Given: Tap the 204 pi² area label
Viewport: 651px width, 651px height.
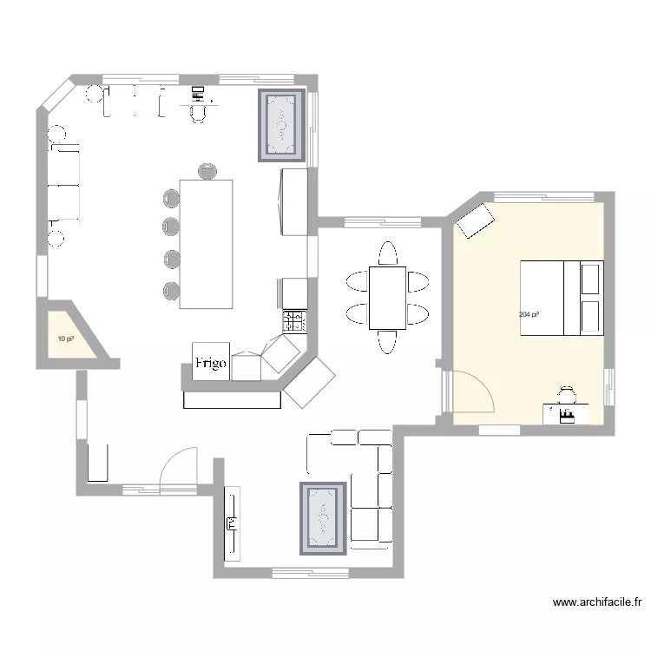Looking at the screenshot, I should pyautogui.click(x=529, y=314).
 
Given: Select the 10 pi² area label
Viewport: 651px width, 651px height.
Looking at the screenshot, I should pyautogui.click(x=65, y=339).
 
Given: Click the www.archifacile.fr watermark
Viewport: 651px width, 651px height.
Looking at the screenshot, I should pyautogui.click(x=597, y=602).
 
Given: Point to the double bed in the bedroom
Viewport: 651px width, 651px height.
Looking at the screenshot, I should pyautogui.click(x=561, y=297).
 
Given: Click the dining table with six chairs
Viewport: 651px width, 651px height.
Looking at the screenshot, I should pyautogui.click(x=387, y=298).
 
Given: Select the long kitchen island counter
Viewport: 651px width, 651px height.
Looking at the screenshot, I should pyautogui.click(x=207, y=243).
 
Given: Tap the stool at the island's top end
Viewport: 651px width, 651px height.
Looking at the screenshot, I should pyautogui.click(x=207, y=171).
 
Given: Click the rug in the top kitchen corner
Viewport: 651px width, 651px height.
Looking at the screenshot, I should pyautogui.click(x=282, y=126).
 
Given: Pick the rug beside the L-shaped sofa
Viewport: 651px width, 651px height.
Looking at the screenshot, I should pyautogui.click(x=324, y=517).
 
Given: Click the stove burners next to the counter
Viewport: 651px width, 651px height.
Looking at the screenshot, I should pyautogui.click(x=294, y=322).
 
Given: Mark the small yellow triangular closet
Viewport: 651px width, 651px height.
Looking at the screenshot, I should pyautogui.click(x=69, y=335).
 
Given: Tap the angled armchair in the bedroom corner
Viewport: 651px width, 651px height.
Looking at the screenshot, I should pyautogui.click(x=476, y=220).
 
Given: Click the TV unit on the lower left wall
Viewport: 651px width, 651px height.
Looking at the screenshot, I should pyautogui.click(x=232, y=523).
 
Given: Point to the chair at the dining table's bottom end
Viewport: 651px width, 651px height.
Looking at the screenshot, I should pyautogui.click(x=387, y=344).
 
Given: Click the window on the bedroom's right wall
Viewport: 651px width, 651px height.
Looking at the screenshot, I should pyautogui.click(x=609, y=387).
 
